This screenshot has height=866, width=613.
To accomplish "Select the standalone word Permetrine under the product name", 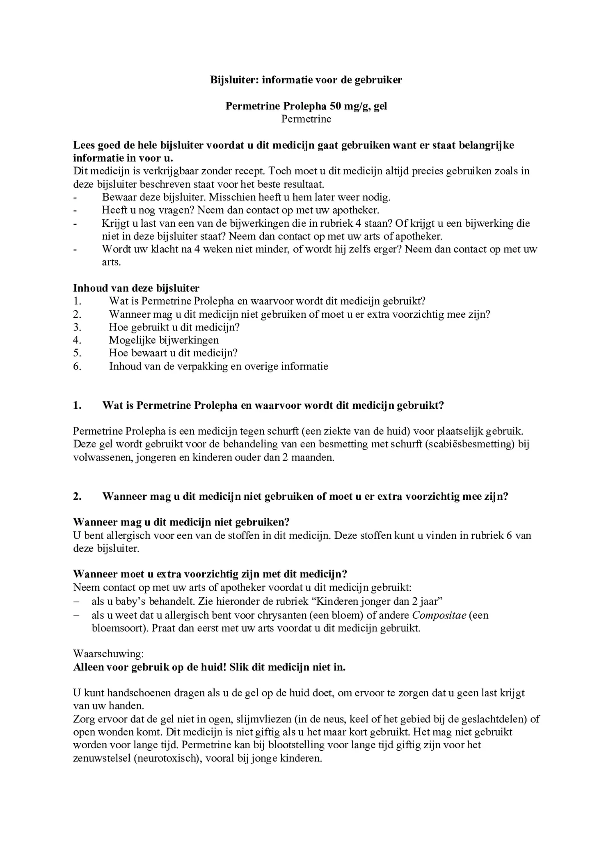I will point(306,119).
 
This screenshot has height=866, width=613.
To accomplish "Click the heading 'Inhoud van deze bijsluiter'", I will point(136,288).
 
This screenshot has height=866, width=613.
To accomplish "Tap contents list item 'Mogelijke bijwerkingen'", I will point(164,340).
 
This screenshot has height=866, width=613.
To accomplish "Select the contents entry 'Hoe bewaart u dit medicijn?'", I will point(173,353).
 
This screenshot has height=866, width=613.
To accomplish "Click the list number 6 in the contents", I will point(77,366).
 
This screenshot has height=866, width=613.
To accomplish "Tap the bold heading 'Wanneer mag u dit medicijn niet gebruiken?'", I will point(181,522).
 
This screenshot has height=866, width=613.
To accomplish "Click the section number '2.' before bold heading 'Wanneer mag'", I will point(77,496).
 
